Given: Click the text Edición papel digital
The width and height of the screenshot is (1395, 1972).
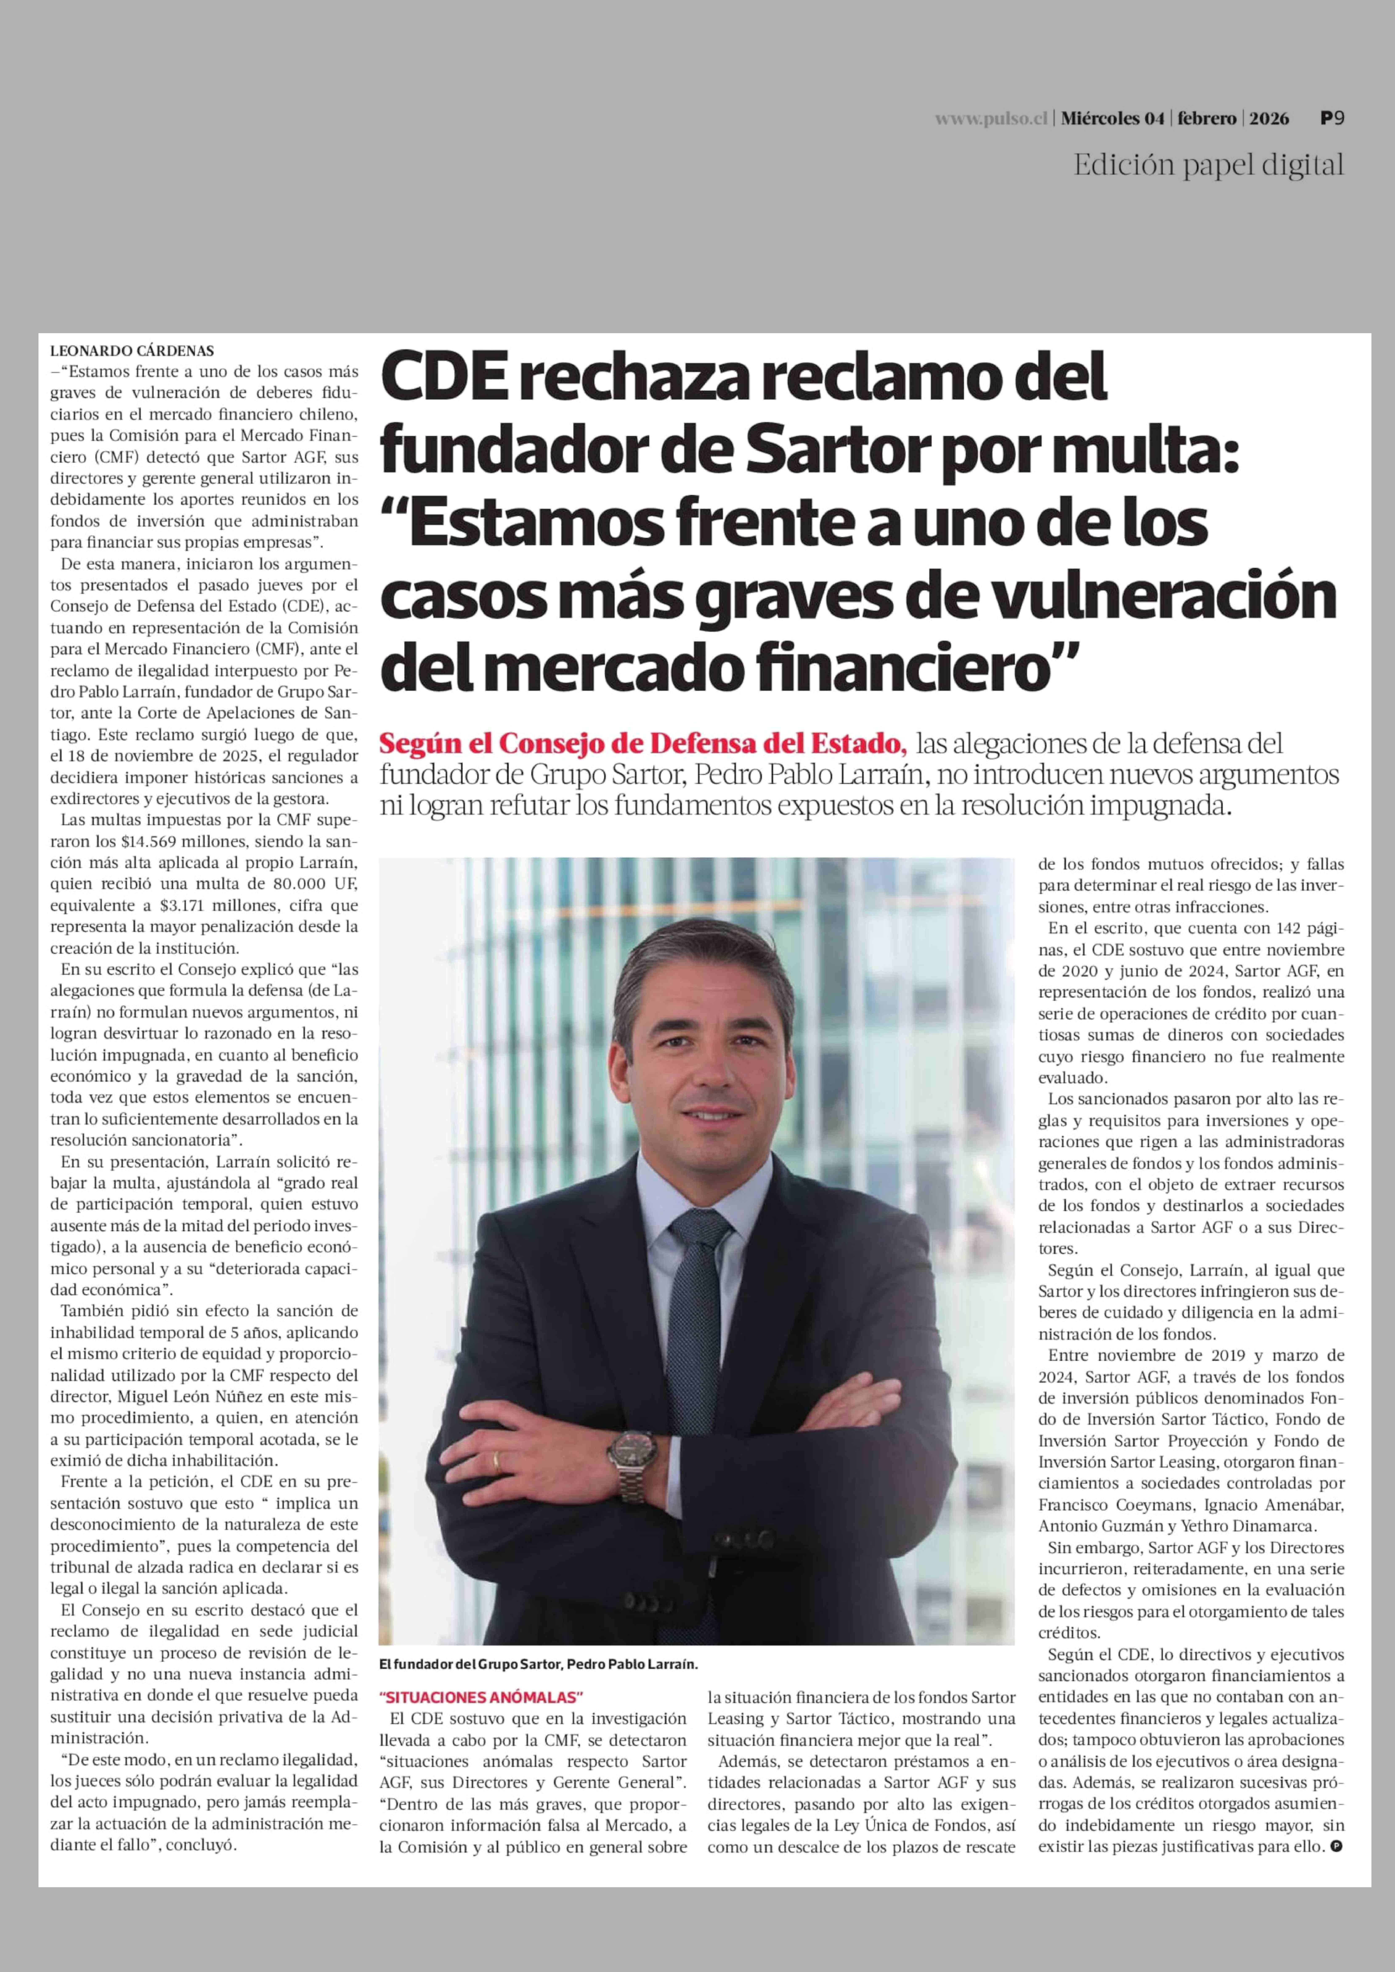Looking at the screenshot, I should click(x=1208, y=165).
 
